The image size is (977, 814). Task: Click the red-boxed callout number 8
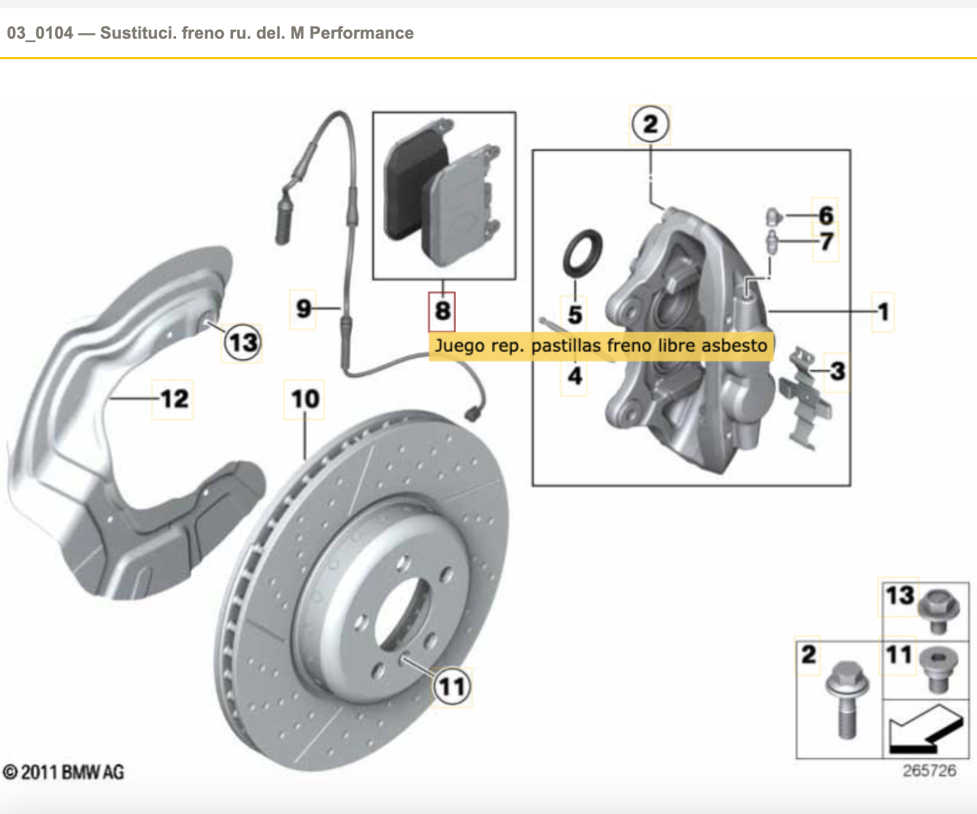tap(442, 311)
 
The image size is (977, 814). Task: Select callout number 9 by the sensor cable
tap(303, 309)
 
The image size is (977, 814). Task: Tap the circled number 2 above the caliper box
tap(650, 124)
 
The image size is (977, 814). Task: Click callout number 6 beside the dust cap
tap(825, 215)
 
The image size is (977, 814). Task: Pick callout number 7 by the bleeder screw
tap(826, 241)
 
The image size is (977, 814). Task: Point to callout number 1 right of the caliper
tap(883, 312)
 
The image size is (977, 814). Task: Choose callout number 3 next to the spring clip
tap(837, 371)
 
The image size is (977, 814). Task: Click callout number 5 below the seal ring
tap(575, 315)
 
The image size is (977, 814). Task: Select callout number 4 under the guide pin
tap(575, 376)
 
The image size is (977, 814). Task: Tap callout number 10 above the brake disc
tap(304, 399)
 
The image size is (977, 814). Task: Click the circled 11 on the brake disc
tap(452, 686)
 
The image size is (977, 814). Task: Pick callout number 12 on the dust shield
tap(173, 399)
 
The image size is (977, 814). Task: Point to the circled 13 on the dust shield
tap(243, 342)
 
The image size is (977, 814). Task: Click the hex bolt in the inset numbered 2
tap(845, 700)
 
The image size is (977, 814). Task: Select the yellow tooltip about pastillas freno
tap(601, 346)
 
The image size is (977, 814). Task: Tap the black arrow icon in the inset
tap(925, 728)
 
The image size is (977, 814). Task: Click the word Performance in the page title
tap(361, 33)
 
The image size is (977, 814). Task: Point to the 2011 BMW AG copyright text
tap(64, 773)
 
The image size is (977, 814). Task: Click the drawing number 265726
tap(929, 771)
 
